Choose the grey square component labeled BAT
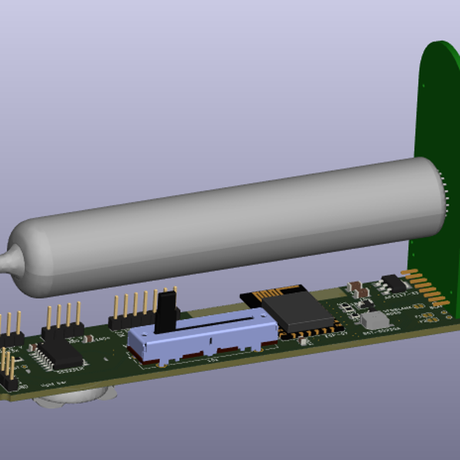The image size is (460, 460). (374, 320)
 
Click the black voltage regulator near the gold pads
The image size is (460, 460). (393, 282)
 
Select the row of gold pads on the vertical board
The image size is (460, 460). (420, 287)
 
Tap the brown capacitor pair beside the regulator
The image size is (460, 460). (357, 289)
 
